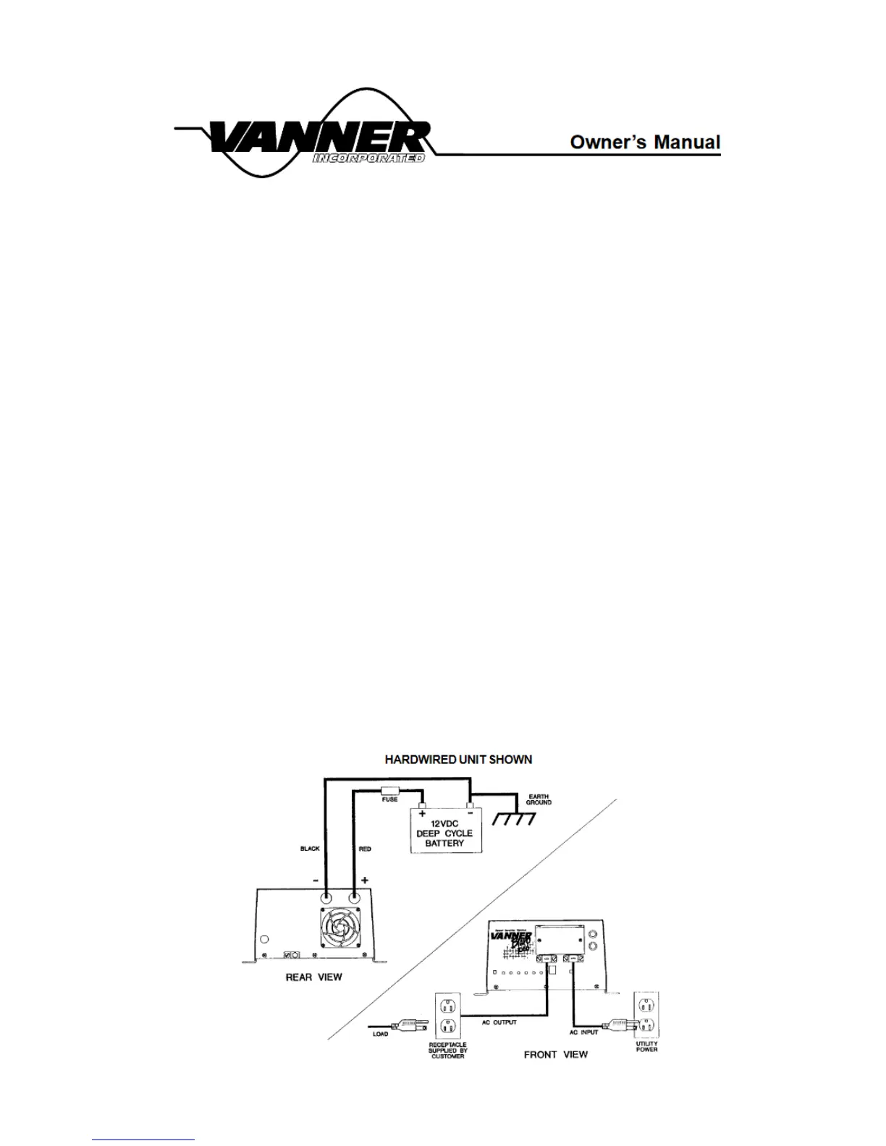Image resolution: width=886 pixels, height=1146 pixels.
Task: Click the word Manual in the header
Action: [688, 142]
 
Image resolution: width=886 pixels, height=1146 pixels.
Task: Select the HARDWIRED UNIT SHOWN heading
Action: [458, 760]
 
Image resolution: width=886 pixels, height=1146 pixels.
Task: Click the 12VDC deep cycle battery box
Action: [444, 832]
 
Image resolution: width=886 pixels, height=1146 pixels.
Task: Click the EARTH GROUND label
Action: [538, 799]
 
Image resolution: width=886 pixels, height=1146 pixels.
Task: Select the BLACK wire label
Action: [310, 849]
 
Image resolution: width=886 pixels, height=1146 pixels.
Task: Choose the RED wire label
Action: [365, 849]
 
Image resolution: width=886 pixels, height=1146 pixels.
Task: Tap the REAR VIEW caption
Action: [313, 977]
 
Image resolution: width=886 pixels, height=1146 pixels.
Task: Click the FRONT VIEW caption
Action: [555, 1054]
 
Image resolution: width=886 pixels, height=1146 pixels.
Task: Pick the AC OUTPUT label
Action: [499, 1022]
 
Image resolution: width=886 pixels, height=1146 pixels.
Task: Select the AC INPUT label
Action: [583, 1032]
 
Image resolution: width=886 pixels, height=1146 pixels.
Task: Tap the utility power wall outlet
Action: [646, 1015]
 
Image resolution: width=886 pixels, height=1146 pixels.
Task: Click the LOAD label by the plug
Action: [381, 1034]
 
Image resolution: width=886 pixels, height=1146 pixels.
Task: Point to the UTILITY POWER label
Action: [646, 1047]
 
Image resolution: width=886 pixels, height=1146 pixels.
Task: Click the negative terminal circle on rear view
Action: [326, 896]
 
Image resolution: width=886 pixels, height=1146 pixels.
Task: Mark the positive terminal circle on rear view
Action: [355, 896]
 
